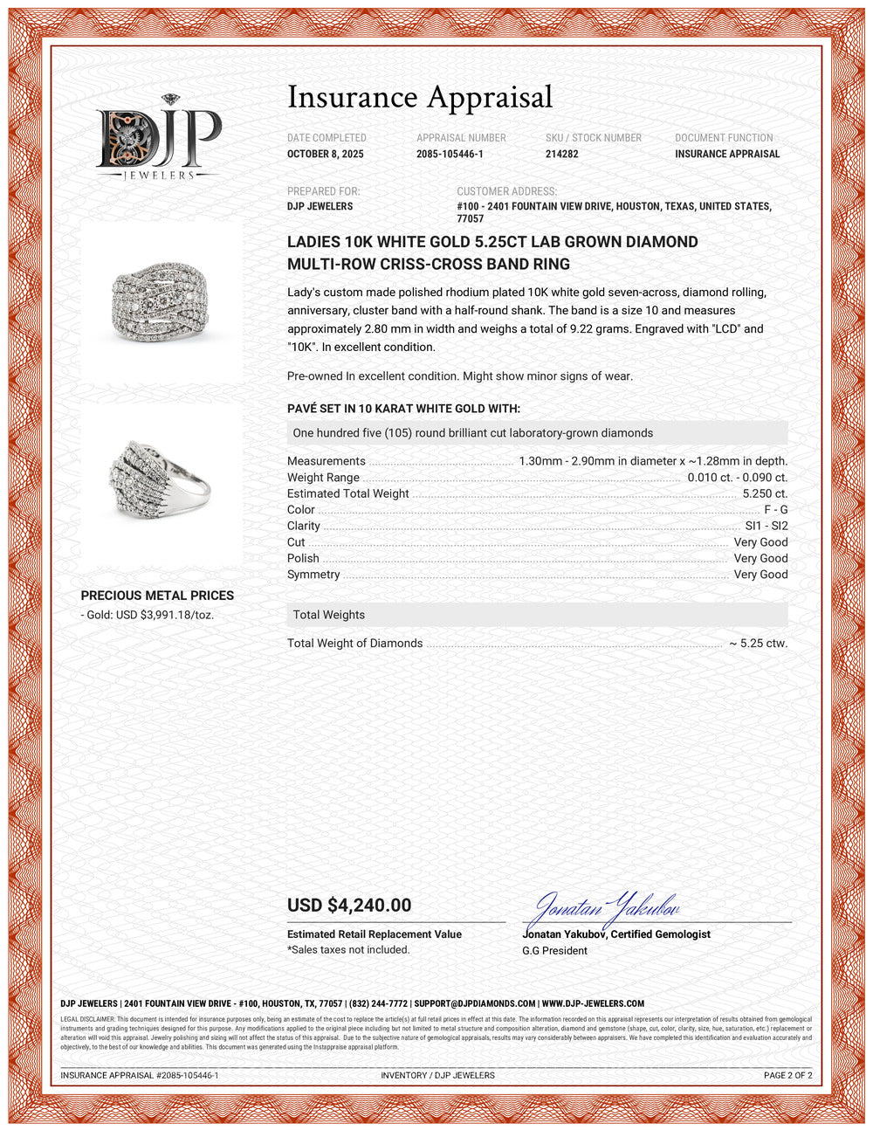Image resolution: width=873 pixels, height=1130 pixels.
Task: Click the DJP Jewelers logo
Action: [x=159, y=138]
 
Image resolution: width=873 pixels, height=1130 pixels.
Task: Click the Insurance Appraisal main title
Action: [x=420, y=97]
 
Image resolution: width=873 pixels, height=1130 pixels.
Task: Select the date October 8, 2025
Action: [x=326, y=154]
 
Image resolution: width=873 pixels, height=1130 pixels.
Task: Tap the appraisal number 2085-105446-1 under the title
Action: [x=450, y=154]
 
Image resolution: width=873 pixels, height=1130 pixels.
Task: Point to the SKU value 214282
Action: [x=561, y=154]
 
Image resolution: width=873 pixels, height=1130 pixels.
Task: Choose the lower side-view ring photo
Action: [x=162, y=481]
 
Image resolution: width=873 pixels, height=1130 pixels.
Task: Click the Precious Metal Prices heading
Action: [x=157, y=596]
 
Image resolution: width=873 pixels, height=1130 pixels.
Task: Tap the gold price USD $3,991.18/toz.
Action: [x=148, y=615]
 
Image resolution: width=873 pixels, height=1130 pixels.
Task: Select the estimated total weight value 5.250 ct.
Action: [x=765, y=493]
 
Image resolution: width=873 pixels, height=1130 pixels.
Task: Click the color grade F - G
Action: [x=775, y=509]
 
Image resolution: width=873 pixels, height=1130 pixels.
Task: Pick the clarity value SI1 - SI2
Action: [x=766, y=526]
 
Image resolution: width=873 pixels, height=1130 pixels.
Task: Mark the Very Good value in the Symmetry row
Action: [x=760, y=575]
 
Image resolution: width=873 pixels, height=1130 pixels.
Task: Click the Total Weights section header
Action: [x=329, y=615]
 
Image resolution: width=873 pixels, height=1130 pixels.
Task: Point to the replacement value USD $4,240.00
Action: [x=349, y=906]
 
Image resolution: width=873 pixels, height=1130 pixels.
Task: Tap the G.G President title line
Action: [x=554, y=951]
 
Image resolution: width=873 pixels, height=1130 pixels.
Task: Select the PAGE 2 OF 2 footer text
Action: [x=787, y=1075]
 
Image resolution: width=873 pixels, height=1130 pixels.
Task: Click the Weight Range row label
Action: [x=323, y=478]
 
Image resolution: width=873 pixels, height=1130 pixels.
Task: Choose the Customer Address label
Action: [x=506, y=191]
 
